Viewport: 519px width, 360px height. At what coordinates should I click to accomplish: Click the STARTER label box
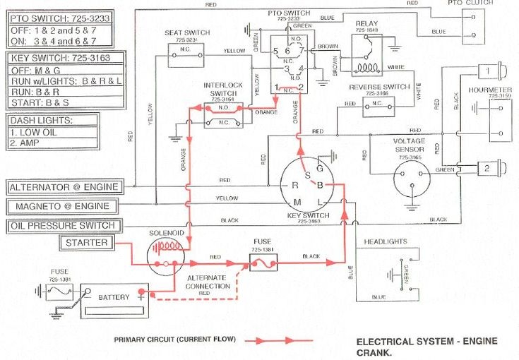(x=87, y=243)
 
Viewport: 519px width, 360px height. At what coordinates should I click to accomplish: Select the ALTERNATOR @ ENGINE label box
(x=64, y=188)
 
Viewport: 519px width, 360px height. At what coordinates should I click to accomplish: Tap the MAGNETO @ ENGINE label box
(x=63, y=206)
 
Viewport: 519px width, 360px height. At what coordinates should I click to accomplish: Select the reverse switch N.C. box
(x=379, y=107)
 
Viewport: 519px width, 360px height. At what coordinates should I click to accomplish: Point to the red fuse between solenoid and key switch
(x=263, y=263)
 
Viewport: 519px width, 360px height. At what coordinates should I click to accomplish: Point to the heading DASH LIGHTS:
(x=40, y=121)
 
